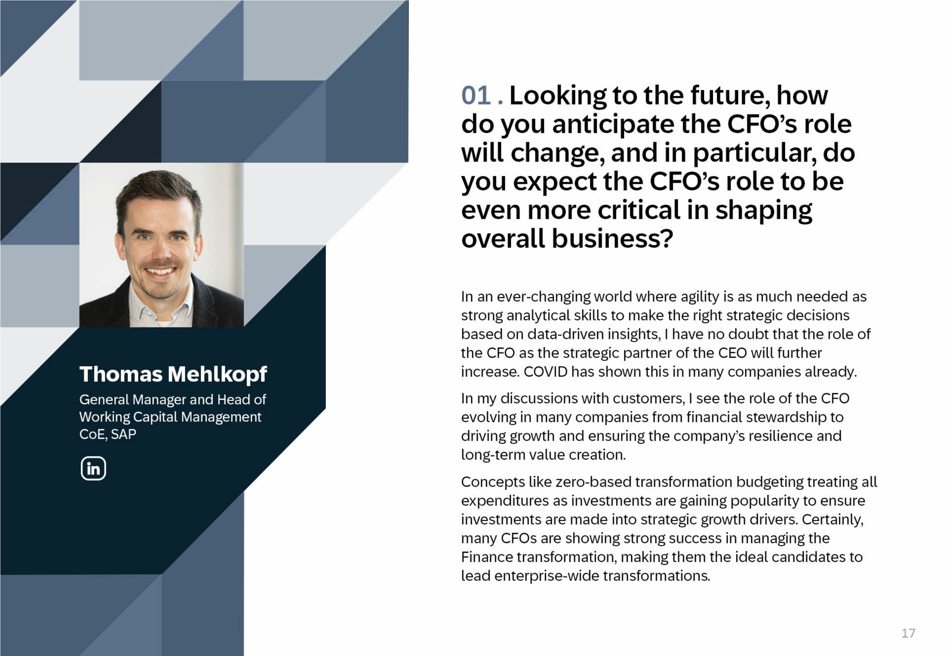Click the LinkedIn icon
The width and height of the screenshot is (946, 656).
point(93,468)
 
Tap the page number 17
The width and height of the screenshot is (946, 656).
point(908,633)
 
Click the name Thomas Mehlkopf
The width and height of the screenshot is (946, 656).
point(173,374)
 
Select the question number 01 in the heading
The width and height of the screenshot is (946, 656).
point(476,96)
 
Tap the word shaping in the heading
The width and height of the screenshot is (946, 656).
point(764,211)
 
